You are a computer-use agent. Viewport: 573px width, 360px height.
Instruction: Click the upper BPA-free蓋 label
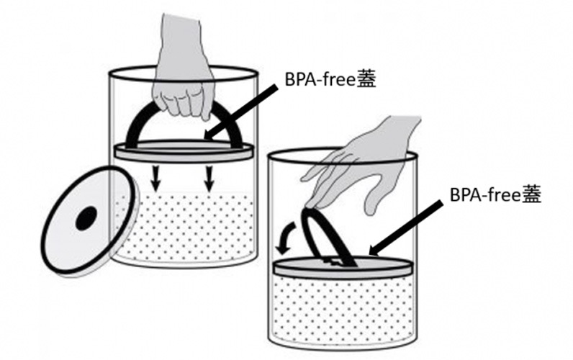coord(330,79)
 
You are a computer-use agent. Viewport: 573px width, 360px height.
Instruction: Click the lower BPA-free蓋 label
coord(495,194)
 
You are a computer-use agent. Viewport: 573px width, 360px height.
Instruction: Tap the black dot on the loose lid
coord(86,218)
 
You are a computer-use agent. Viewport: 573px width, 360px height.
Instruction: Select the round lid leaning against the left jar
coord(90,221)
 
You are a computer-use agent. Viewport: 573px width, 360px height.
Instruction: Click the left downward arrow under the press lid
coord(156,179)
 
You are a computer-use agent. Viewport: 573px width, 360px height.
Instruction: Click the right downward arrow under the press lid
coord(209,179)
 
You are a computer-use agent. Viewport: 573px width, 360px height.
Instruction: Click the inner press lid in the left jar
coord(184,150)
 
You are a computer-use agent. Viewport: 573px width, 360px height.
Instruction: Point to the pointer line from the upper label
coord(241,112)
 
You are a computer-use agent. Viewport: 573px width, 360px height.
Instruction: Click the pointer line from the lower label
coord(405,228)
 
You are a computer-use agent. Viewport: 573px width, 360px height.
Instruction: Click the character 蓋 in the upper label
coord(366,79)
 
